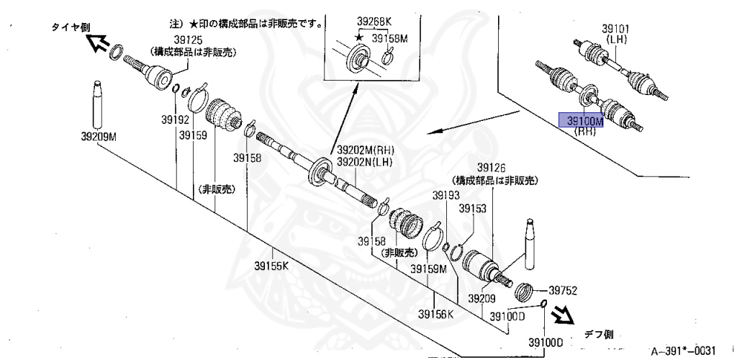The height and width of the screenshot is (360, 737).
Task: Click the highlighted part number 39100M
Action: click(x=584, y=120)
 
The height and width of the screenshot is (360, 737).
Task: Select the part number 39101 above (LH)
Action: click(x=616, y=29)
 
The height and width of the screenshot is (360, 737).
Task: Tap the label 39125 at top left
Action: click(x=188, y=41)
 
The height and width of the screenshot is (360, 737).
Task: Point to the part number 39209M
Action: click(x=99, y=135)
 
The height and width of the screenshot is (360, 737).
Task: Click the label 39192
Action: click(x=175, y=120)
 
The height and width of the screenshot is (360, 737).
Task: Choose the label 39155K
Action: click(x=271, y=266)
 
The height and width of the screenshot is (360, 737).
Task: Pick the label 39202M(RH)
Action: click(x=365, y=150)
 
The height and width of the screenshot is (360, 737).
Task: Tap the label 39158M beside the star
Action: click(x=390, y=38)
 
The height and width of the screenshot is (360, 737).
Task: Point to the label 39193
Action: click(x=446, y=195)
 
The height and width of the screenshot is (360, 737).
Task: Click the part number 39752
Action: click(x=564, y=291)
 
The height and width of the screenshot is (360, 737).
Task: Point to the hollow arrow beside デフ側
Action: click(x=564, y=313)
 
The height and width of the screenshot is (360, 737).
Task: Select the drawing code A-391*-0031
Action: click(x=683, y=351)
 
